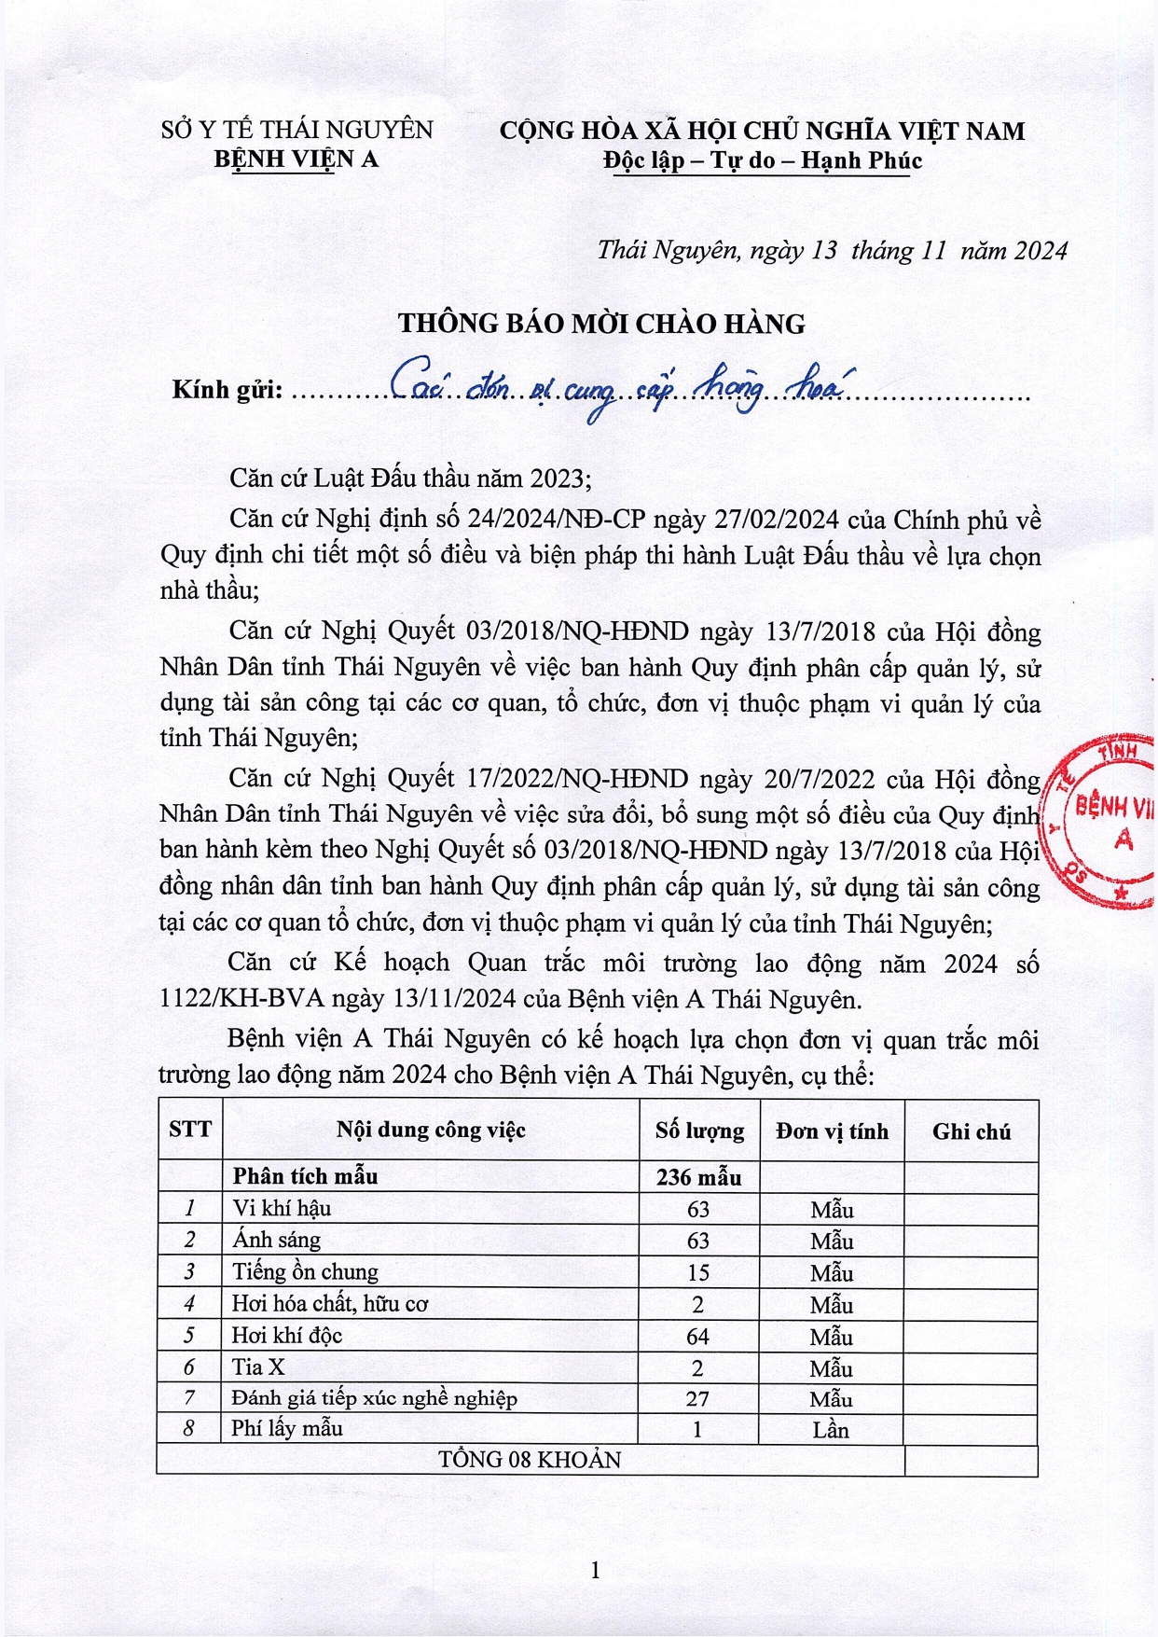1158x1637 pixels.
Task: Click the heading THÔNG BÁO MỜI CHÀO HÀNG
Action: (x=601, y=324)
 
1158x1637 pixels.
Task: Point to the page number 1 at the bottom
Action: (x=595, y=1570)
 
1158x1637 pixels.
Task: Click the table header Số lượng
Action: (x=699, y=1131)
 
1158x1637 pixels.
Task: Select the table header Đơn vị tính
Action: (x=832, y=1131)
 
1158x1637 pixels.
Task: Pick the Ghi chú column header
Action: (x=971, y=1131)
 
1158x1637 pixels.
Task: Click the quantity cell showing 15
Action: (x=698, y=1272)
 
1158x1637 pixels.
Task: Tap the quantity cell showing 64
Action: (x=698, y=1336)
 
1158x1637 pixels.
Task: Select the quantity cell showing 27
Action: (x=698, y=1398)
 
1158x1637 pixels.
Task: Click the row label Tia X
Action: (x=258, y=1367)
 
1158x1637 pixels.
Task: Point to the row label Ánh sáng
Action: (x=276, y=1240)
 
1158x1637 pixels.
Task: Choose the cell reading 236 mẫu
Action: (x=698, y=1177)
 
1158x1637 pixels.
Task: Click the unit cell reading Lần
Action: (x=830, y=1430)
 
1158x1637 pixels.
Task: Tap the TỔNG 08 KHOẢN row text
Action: (x=530, y=1460)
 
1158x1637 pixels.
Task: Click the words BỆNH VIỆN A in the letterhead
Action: (x=296, y=159)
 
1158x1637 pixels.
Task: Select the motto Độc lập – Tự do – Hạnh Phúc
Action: (x=762, y=160)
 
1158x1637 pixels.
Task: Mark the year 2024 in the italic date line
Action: (x=1041, y=251)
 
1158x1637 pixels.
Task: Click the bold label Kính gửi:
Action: (x=227, y=390)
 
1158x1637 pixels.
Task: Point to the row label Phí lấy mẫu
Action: (x=287, y=1429)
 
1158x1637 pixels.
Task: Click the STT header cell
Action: (x=190, y=1130)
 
